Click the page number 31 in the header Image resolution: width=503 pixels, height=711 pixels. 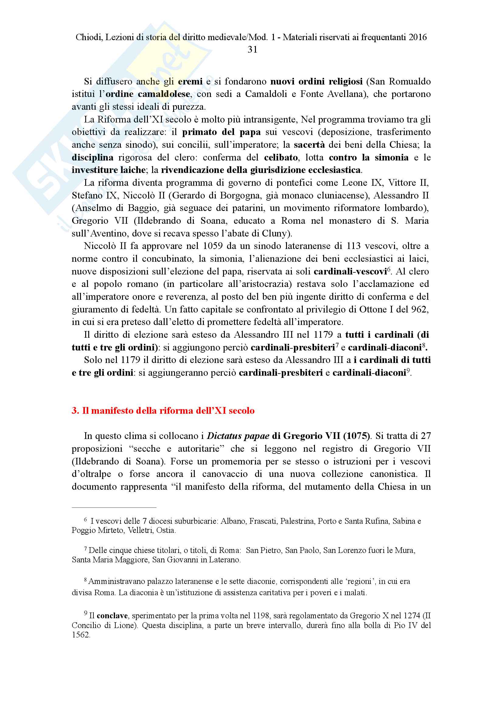252,50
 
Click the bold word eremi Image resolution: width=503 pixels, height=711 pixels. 190,81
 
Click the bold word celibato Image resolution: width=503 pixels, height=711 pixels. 281,157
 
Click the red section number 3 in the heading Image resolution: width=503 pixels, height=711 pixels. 75,411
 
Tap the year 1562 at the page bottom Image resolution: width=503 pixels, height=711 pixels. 81,634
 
